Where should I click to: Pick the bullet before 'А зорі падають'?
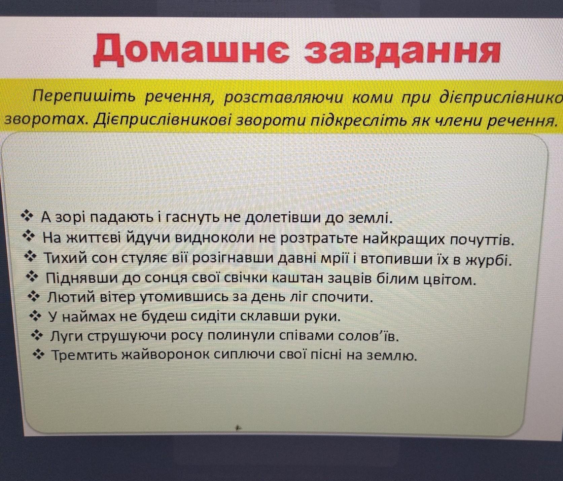click(27, 216)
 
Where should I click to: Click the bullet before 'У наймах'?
click(35, 316)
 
